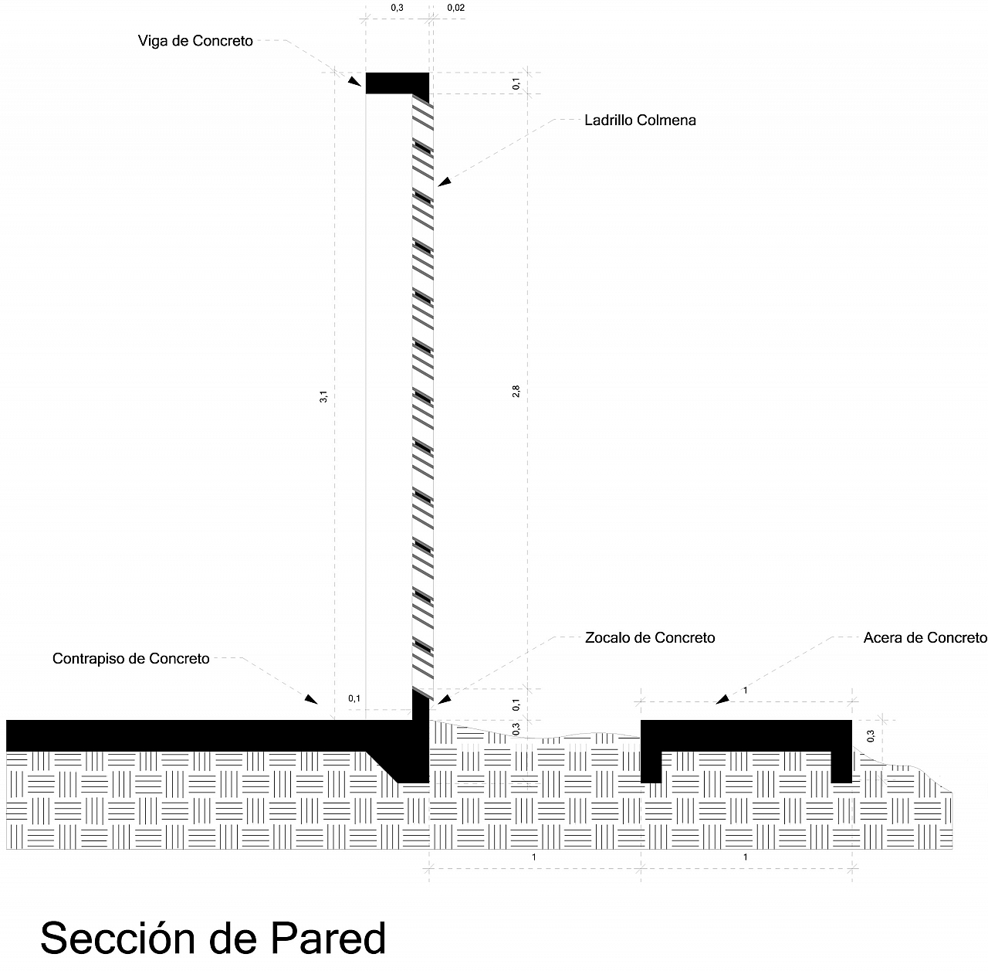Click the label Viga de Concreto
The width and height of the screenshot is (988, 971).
tap(195, 41)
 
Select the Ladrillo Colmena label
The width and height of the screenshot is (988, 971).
tap(640, 120)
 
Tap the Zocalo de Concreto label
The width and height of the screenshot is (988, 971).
tap(650, 637)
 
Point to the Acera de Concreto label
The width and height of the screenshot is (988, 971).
tap(925, 637)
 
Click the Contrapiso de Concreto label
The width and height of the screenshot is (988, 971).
tap(130, 658)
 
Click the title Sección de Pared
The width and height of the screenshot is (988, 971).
tap(213, 938)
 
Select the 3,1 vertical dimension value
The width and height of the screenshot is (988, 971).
tap(323, 396)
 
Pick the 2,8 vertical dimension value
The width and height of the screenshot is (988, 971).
tap(516, 391)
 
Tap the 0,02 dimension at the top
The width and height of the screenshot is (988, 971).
tap(456, 8)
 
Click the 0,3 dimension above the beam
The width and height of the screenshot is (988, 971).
tap(397, 8)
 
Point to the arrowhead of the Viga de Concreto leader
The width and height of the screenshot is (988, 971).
tap(354, 82)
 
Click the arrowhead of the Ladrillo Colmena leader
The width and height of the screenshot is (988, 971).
tap(444, 182)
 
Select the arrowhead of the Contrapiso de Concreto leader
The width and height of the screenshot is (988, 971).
tap(311, 698)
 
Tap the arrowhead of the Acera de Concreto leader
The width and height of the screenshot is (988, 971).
tap(722, 698)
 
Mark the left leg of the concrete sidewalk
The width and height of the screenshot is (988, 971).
tap(651, 767)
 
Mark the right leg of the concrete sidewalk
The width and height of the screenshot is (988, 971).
tap(841, 767)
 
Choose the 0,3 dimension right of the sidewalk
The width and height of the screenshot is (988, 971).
tap(870, 736)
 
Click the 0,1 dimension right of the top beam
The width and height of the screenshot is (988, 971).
tap(516, 83)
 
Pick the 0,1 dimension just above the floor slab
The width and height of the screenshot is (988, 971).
tap(354, 698)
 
